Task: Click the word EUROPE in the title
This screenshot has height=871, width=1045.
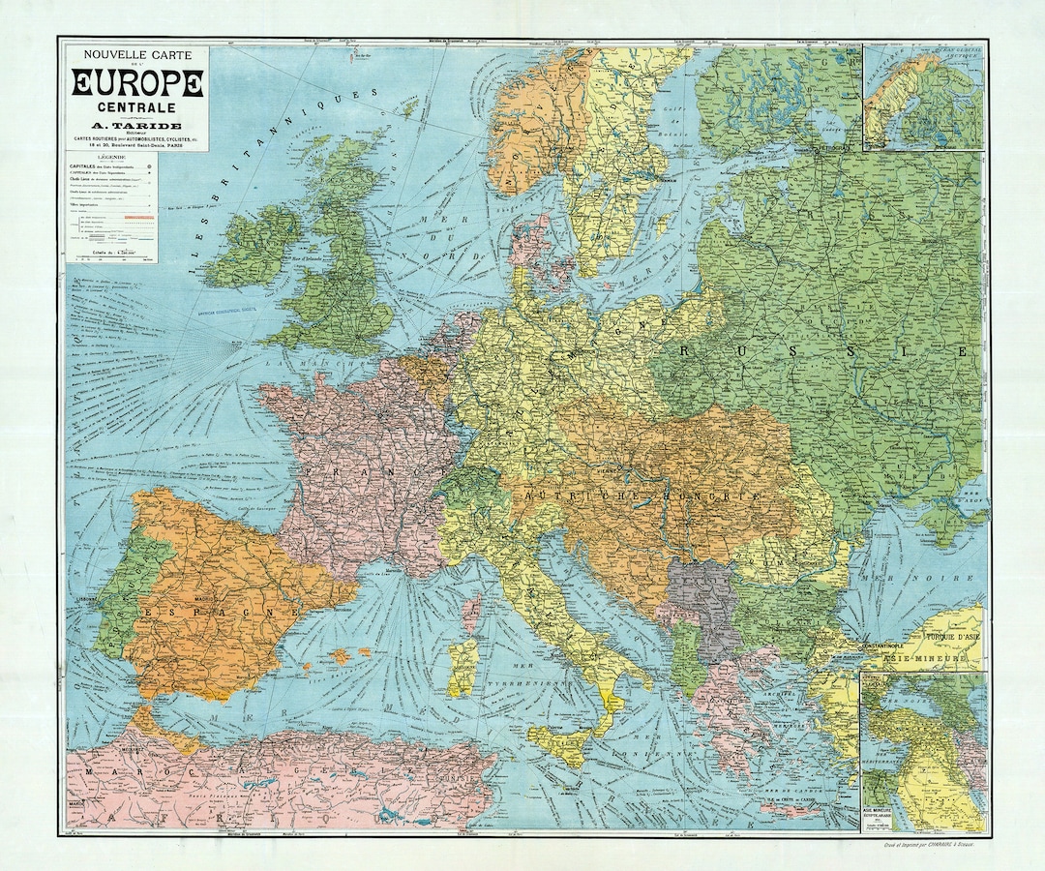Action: point(136,83)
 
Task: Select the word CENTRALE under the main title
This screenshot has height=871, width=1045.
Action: point(136,106)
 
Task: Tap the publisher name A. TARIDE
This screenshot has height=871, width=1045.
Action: point(136,123)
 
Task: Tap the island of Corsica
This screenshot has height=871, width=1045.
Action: point(473,614)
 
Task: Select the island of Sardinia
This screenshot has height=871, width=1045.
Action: point(463,668)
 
